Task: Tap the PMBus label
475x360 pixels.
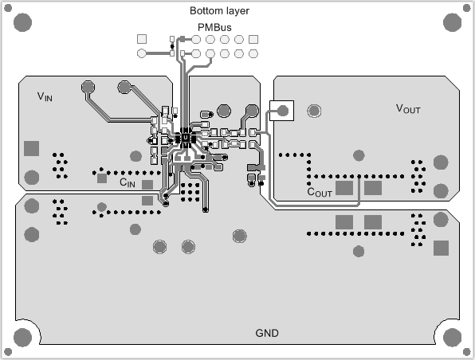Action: tap(214, 27)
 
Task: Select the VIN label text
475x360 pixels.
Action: tap(45, 96)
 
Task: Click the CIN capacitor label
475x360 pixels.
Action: tap(127, 182)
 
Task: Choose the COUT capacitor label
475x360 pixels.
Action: tap(320, 192)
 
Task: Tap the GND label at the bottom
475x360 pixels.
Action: tap(267, 333)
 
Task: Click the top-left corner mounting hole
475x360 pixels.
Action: tap(22, 22)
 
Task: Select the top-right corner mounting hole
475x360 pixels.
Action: tap(452, 22)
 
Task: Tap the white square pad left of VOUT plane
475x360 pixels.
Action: tap(281, 111)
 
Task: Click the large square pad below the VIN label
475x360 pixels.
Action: tap(32, 147)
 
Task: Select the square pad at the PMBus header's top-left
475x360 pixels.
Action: tap(142, 39)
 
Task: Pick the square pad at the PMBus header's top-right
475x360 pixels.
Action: tap(253, 39)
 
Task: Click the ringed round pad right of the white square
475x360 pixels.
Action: tap(315, 111)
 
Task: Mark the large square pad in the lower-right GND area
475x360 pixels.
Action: tap(440, 248)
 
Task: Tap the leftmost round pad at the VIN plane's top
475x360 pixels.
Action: tap(87, 86)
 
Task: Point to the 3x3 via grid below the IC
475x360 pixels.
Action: tap(190, 190)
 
